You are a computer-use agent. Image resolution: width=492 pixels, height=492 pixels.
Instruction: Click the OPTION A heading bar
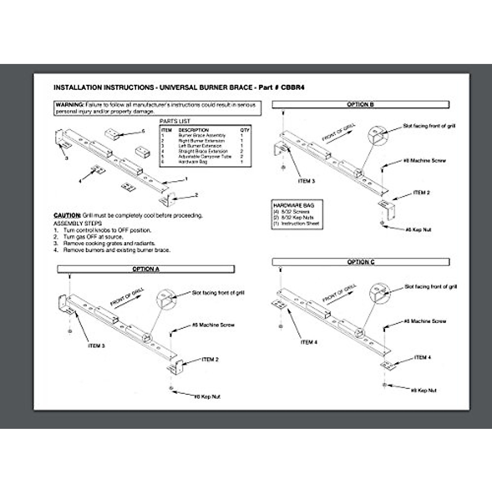146,269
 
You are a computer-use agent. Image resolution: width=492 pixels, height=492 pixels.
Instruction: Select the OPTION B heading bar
360,105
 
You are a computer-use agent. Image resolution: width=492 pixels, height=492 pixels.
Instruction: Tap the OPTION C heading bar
361,262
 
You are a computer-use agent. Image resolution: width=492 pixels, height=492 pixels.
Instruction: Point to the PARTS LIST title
175,121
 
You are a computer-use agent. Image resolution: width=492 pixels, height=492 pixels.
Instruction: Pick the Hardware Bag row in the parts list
193,162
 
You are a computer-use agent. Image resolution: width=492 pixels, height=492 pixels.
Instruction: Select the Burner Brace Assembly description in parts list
202,135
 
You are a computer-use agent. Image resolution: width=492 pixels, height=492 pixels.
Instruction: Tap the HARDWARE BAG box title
294,205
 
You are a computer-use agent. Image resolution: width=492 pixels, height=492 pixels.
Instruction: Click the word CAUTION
67,215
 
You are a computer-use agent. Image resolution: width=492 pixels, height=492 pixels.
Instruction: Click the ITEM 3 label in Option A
96,346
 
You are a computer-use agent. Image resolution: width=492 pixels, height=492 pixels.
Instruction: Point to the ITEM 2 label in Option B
421,192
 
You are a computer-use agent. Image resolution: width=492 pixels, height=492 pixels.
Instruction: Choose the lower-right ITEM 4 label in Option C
423,358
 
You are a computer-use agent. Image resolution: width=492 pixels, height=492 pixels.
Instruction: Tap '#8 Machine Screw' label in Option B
424,160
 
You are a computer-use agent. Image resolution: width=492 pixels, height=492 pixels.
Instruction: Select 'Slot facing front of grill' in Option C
430,287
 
